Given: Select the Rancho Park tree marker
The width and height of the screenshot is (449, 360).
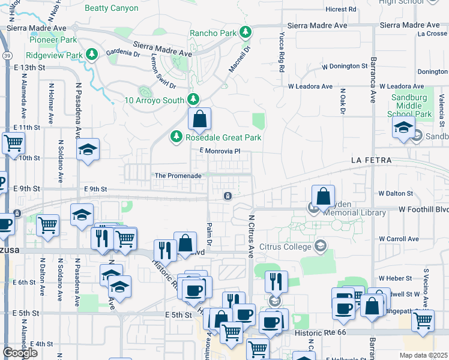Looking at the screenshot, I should [x=245, y=32].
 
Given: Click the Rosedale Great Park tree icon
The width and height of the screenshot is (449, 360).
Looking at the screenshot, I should [x=176, y=137].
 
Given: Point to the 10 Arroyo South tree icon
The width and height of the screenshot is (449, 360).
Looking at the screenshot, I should [x=193, y=100].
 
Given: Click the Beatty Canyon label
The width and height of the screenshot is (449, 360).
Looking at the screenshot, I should [x=111, y=8].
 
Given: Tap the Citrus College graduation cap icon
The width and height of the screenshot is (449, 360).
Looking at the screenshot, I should [x=321, y=246].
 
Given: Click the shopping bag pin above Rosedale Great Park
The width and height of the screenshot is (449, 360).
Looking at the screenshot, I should [x=200, y=119].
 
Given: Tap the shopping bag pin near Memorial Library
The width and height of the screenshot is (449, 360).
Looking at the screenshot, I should [x=323, y=196].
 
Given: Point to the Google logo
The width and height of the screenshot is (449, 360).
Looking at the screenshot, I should [x=20, y=353].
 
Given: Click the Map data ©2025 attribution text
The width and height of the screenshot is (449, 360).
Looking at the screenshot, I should [x=424, y=355].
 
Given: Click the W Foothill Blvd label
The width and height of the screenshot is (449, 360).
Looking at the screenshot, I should [x=424, y=210].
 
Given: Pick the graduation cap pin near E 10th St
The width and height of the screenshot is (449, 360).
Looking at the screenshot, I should [x=88, y=150].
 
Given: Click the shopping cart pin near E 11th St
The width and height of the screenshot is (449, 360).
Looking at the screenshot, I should [x=13, y=144].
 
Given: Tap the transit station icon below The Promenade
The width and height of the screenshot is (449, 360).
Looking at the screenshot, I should [x=228, y=196].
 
